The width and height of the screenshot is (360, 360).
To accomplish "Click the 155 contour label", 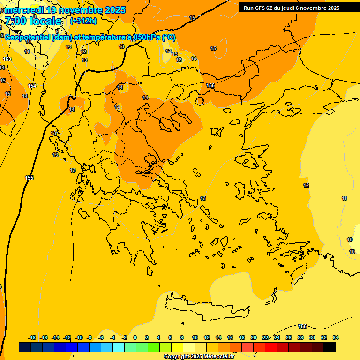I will coord(29,178).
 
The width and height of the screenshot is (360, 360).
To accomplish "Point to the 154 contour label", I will coord(32,86).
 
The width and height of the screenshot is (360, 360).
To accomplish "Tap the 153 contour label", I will coord(7,59).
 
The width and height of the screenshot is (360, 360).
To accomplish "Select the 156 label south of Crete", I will coord(302,326).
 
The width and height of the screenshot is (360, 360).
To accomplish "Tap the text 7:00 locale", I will coord(33,21).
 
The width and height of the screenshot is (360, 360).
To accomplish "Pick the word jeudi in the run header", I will coord(286,8).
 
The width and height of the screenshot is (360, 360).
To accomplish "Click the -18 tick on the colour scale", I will coord(32,337).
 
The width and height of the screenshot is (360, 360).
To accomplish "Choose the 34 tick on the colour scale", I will coord(336,337).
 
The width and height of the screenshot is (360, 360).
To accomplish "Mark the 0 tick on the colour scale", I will coord(135,337).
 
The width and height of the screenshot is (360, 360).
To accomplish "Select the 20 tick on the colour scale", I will coord(254,337).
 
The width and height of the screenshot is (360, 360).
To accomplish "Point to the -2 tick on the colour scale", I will coord(124,337).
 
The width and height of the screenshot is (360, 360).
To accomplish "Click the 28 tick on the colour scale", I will coord(300,337).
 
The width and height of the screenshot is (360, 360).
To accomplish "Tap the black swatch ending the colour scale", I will coord(330,347).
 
